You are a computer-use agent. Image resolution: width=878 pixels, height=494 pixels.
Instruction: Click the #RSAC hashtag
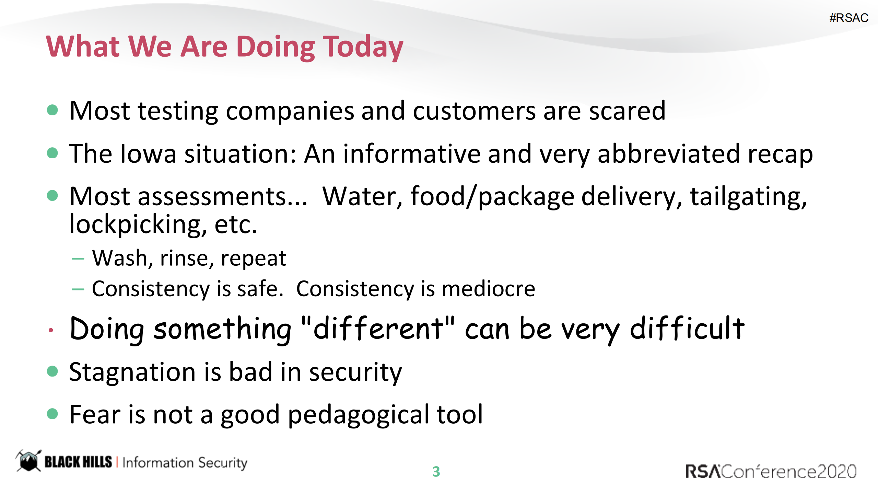tap(848, 18)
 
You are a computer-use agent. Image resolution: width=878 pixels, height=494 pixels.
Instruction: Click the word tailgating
tap(748, 197)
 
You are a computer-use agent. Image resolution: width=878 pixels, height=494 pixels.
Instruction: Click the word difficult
tap(687, 329)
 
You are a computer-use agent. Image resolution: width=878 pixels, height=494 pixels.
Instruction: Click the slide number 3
tap(436, 472)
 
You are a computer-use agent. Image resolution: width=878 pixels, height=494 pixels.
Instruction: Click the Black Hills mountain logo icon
tap(28, 461)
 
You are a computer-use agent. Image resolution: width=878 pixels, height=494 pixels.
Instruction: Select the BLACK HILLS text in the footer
tap(78, 462)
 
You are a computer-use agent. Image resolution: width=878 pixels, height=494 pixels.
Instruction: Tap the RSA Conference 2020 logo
tap(771, 472)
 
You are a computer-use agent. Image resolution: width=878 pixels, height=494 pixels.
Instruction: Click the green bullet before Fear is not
tap(52, 414)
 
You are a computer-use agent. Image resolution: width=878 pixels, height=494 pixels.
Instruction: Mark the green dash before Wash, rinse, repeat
tap(78, 259)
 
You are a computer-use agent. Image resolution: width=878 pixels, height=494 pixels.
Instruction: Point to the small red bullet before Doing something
tap(51, 330)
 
